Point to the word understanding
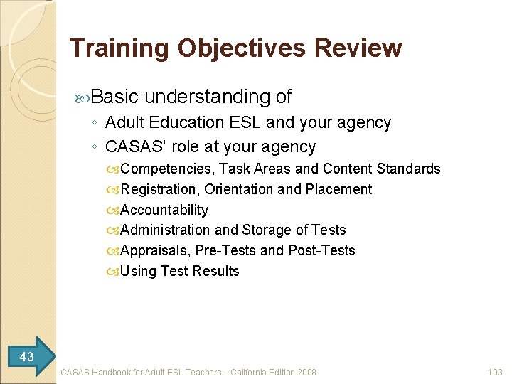coord(206,96)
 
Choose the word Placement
coord(338,189)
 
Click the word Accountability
coord(164,210)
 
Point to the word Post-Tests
coord(321,250)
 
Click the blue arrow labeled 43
coord(28,356)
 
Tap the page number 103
coord(495,372)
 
